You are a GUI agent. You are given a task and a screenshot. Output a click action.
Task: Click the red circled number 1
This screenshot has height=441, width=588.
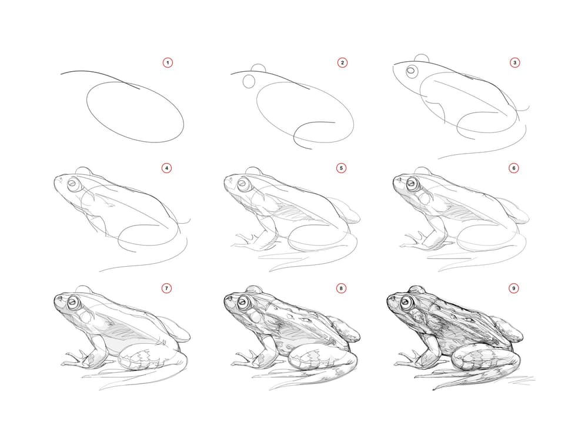[168, 62]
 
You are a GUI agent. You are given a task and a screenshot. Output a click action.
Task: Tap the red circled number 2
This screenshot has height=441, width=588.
[342, 62]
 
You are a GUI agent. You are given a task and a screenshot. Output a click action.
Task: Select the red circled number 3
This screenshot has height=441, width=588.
[514, 62]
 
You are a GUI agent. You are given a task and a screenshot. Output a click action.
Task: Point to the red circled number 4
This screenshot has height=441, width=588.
[167, 168]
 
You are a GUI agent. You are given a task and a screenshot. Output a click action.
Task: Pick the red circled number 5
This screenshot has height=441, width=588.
[341, 168]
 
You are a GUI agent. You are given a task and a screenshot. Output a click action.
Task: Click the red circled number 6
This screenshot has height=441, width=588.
[514, 168]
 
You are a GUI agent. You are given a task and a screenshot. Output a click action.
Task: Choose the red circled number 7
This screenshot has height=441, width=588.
[166, 289]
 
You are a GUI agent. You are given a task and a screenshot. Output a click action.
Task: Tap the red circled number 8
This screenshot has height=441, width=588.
[340, 289]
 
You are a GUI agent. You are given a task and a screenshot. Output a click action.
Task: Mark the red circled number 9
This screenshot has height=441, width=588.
[513, 289]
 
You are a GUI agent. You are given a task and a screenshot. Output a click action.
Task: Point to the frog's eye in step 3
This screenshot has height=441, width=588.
[412, 70]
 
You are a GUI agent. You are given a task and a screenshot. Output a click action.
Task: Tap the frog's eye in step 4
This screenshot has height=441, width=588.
[73, 184]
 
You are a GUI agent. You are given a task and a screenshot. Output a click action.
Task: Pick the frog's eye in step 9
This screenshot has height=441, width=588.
[406, 301]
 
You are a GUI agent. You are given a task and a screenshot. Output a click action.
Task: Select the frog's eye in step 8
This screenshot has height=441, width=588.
[243, 301]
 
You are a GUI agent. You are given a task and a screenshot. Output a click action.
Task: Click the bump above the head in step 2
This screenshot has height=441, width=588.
[258, 68]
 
